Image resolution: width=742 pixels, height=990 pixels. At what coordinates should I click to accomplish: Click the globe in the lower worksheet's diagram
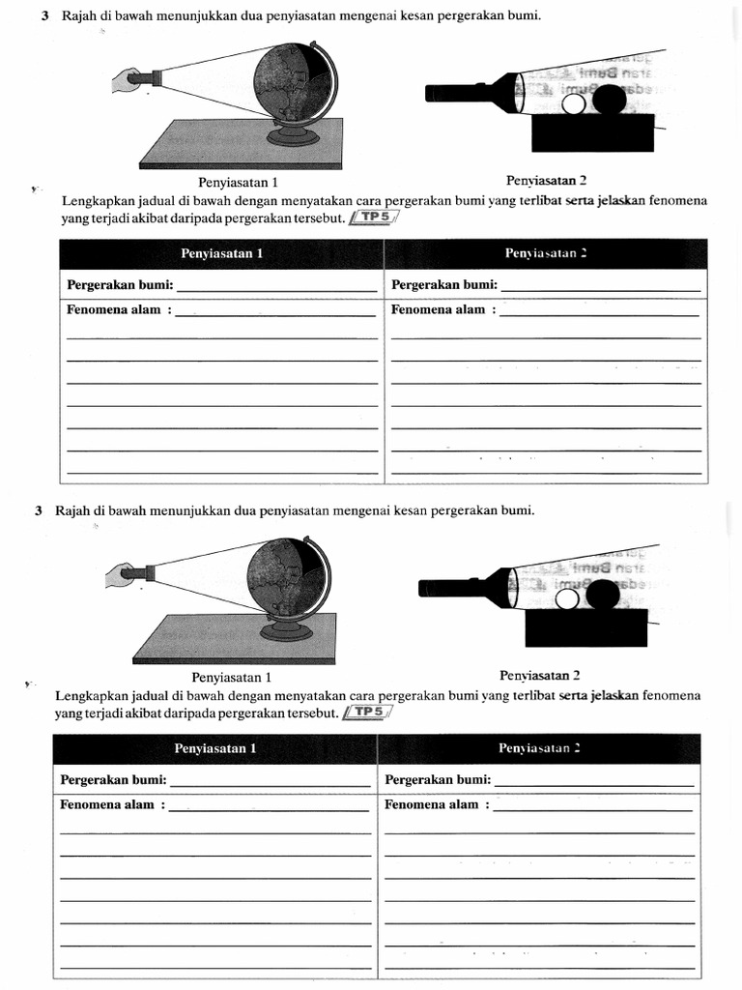pyautogui.click(x=288, y=580)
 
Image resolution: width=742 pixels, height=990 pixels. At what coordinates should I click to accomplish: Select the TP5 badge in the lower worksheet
pyautogui.click(x=367, y=713)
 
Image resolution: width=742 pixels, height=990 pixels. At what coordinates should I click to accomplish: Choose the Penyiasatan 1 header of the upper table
pyautogui.click(x=221, y=253)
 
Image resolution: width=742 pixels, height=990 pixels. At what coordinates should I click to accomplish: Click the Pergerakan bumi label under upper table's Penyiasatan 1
pyautogui.click(x=121, y=284)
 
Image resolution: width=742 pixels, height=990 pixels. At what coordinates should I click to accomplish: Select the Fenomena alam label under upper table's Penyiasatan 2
pyautogui.click(x=442, y=309)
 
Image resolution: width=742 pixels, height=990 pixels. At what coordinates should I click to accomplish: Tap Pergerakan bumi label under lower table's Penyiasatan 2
pyautogui.click(x=438, y=779)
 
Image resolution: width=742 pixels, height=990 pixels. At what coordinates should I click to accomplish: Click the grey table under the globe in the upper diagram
pyautogui.click(x=242, y=145)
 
